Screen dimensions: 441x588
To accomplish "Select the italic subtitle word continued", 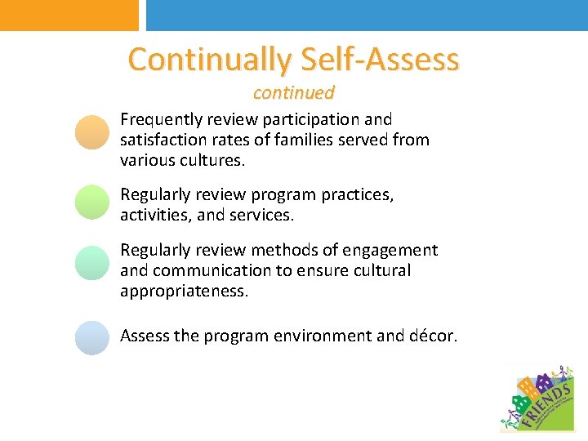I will (x=294, y=92).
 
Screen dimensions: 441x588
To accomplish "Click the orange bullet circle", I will (x=91, y=132).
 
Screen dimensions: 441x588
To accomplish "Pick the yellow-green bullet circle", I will (x=91, y=203).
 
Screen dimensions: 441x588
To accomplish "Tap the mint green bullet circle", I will (x=91, y=263).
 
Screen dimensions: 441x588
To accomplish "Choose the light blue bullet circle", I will (x=91, y=336).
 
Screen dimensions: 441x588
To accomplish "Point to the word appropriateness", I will (x=184, y=291).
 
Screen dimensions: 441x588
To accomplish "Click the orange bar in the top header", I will (x=69, y=15).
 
